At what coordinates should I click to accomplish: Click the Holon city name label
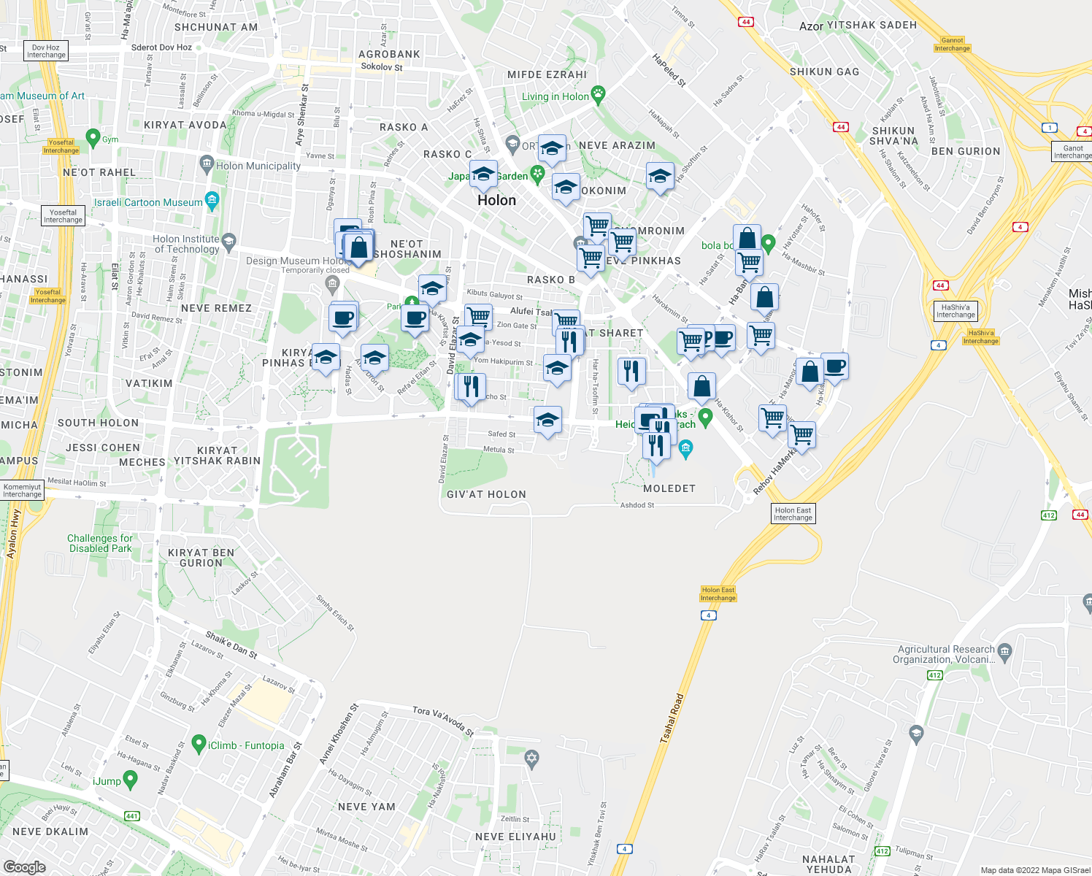click(496, 200)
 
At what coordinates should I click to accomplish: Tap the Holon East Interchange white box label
click(793, 514)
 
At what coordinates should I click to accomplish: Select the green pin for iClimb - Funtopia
click(198, 744)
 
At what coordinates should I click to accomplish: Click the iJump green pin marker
click(131, 780)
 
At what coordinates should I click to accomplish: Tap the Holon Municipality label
click(258, 166)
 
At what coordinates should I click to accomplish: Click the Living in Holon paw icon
click(599, 94)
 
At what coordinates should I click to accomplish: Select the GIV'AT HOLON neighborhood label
click(486, 494)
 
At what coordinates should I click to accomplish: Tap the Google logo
click(24, 867)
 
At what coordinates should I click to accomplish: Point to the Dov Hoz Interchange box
click(46, 51)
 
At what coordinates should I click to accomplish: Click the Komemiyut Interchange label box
click(22, 491)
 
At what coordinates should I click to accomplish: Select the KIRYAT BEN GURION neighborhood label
click(201, 558)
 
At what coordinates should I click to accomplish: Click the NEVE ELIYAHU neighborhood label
click(515, 837)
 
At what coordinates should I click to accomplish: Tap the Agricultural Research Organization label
click(945, 654)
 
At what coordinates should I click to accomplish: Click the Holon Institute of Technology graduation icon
click(229, 240)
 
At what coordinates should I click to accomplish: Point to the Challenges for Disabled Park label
click(101, 543)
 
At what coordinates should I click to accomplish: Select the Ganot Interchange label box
click(1072, 152)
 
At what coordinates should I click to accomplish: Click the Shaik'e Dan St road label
click(231, 645)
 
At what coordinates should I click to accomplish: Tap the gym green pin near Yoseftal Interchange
click(93, 137)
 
